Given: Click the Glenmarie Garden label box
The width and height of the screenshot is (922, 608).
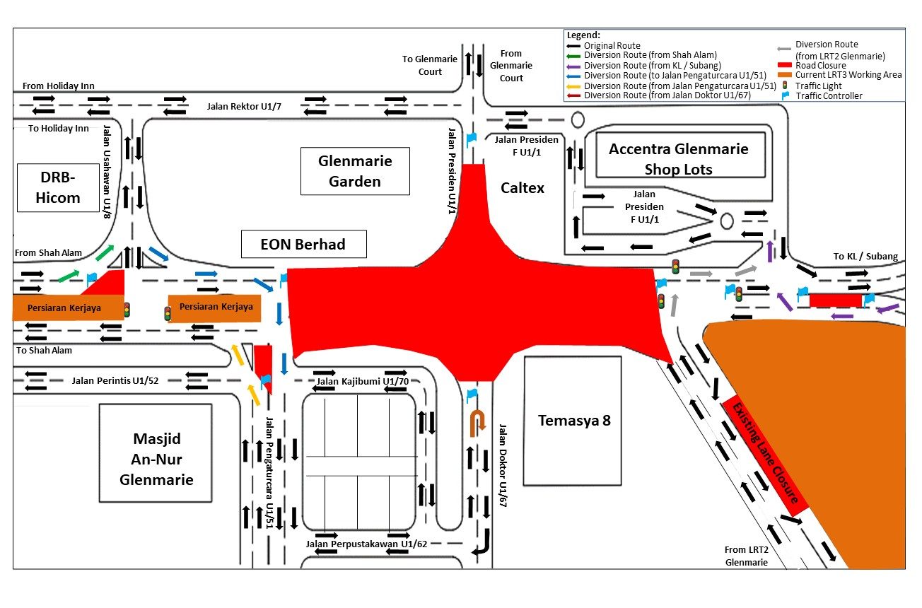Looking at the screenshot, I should (x=355, y=171).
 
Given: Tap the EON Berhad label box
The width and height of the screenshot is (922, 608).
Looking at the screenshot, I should (x=303, y=245).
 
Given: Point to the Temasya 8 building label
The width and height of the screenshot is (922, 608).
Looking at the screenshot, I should (x=573, y=421).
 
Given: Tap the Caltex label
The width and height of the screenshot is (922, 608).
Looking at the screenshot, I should (x=523, y=188).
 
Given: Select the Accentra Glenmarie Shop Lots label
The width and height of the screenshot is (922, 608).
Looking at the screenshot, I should (x=678, y=159).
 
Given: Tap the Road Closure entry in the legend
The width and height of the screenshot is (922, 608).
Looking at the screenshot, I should (x=820, y=65).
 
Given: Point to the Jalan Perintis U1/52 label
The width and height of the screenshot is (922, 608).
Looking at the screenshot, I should (x=116, y=381).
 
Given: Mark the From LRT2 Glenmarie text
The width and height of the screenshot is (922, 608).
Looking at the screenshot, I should (x=746, y=556).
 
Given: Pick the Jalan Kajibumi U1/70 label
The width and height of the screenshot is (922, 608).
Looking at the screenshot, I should (x=362, y=382).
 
